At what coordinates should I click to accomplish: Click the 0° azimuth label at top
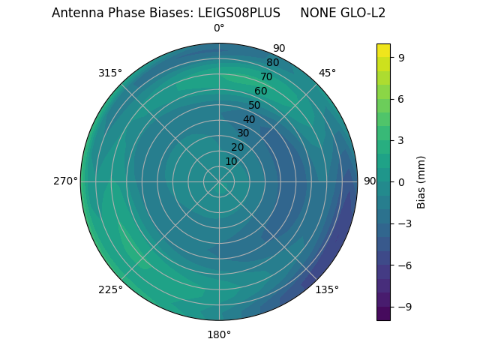(219, 28)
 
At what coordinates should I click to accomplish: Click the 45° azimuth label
(327, 73)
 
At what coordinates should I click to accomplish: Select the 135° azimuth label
(327, 289)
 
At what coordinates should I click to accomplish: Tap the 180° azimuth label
(219, 334)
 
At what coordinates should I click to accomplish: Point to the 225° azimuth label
(110, 289)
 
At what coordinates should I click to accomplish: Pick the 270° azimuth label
(65, 181)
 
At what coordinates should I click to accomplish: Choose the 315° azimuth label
(110, 73)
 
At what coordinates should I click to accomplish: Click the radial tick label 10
(231, 161)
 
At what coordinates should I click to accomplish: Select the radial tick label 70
(266, 77)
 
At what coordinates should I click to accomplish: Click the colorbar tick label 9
(401, 57)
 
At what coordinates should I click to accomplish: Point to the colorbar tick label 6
(401, 98)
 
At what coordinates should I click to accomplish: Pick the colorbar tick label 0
(401, 181)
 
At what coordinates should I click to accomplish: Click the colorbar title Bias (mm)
(421, 181)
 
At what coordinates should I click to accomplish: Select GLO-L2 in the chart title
(361, 13)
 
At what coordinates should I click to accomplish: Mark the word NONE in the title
(316, 13)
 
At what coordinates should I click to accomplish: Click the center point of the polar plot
(219, 181)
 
